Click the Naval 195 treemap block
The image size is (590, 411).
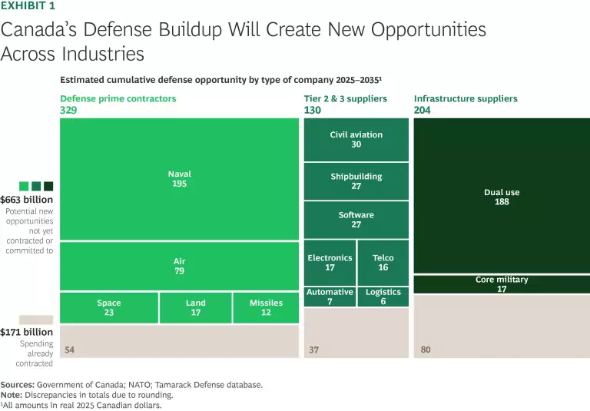coord(179,179)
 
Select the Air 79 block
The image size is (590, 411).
coord(179,266)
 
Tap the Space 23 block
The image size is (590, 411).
coord(109,307)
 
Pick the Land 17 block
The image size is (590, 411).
coord(195,307)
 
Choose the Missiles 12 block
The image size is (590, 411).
coord(266,307)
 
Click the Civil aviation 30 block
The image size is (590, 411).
coord(356,140)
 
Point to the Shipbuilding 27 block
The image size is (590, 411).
coord(356,181)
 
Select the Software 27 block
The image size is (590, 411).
coord(356,220)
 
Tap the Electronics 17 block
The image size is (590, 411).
coord(330,263)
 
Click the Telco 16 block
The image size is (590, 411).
coord(383,263)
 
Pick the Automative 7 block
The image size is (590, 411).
coord(330,297)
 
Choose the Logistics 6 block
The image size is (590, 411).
coord(383,297)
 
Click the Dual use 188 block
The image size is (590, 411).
coord(502,196)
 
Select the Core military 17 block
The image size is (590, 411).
coord(502,284)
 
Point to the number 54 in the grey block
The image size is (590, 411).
coord(70,350)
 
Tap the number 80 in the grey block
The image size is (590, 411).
coord(426,350)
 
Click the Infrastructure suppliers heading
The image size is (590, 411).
coord(466,99)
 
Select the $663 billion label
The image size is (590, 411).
coord(27,200)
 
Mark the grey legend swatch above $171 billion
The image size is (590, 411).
coord(36,319)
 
